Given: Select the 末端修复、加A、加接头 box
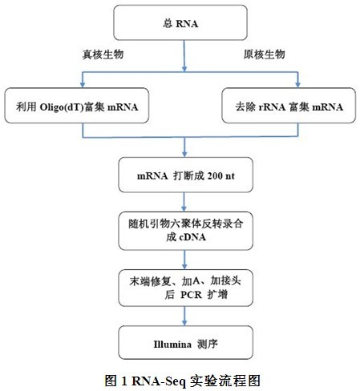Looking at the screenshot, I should coord(185,288).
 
